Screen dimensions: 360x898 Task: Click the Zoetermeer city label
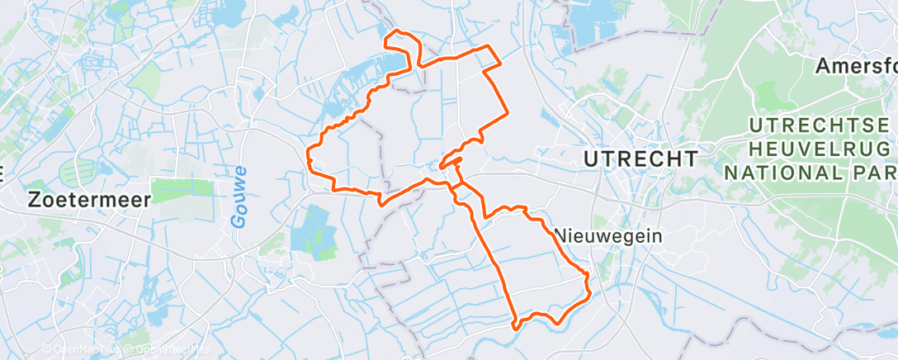coord(90,200)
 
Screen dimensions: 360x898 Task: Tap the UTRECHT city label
coord(640,158)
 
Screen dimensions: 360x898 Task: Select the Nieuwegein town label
coord(608,235)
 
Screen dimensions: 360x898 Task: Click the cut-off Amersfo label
coord(856,67)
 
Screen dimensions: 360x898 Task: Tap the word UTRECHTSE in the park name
coord(823,127)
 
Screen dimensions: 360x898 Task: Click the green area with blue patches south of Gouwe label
coord(309,230)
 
